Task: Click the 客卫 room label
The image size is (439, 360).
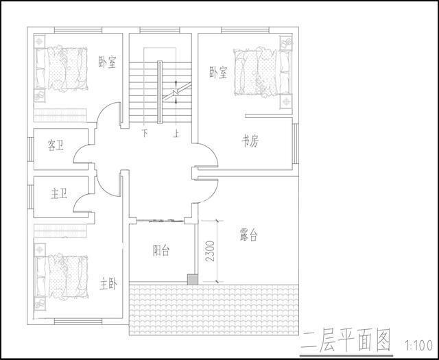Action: coord(56,145)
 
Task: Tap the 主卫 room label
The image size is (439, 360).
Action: coord(59,194)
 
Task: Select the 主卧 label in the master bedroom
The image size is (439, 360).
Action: coord(108,283)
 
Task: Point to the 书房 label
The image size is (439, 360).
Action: coord(250,141)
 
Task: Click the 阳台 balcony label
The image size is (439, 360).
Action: coord(161,251)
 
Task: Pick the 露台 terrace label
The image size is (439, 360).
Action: coord(249,235)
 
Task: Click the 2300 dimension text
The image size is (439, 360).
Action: coord(211,251)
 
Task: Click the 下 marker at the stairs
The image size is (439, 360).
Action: coord(145,133)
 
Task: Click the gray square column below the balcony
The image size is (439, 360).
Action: coord(193,279)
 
